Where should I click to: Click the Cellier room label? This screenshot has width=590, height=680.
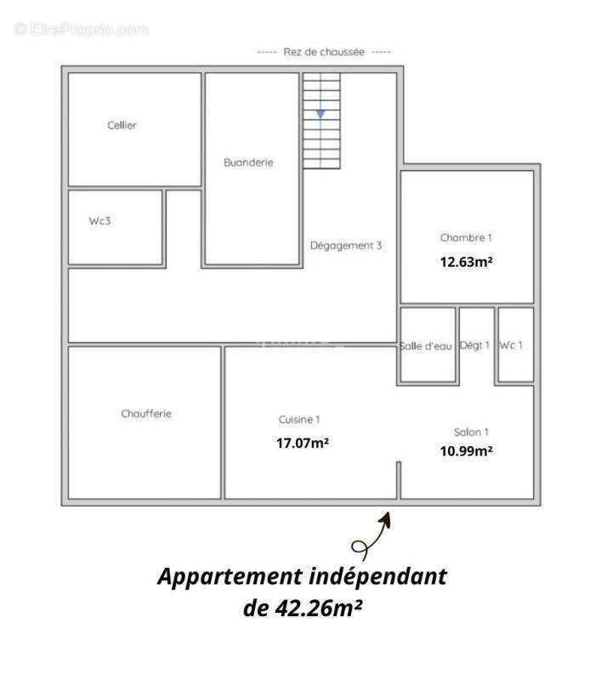[122, 125]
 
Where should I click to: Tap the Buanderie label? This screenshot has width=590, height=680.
[248, 162]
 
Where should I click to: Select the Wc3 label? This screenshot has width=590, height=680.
[99, 221]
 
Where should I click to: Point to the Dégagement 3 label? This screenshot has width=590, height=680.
[346, 246]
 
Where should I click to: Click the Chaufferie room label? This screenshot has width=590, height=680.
[146, 414]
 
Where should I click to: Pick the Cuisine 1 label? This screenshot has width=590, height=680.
[299, 420]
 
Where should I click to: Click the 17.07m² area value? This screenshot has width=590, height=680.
[303, 443]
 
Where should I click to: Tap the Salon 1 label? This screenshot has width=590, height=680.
[471, 433]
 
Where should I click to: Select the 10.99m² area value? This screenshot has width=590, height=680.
[467, 451]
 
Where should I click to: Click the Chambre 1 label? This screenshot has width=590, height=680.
[466, 238]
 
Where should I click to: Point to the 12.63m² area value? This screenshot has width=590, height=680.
[467, 262]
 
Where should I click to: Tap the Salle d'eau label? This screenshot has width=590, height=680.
[426, 346]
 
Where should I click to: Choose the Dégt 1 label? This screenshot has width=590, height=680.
[474, 345]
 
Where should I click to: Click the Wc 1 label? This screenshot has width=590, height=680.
[511, 345]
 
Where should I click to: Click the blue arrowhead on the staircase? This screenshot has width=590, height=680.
[321, 114]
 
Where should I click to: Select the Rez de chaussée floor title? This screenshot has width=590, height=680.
[324, 52]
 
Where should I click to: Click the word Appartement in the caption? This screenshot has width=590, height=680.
[230, 577]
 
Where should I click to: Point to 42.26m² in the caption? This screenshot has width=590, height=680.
[319, 608]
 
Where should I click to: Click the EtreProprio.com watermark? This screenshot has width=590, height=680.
[81, 30]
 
